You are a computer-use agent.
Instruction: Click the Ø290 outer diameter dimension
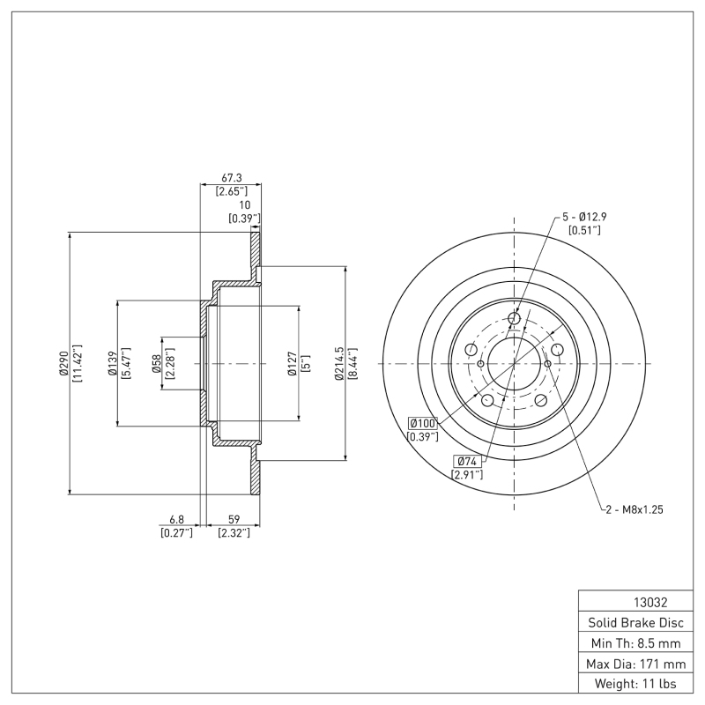(x=63, y=363)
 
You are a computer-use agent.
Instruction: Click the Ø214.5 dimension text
(x=338, y=363)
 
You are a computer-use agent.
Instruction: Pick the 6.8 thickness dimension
(x=176, y=520)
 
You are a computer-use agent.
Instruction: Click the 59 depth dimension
(x=234, y=520)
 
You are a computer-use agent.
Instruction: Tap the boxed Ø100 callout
(x=423, y=424)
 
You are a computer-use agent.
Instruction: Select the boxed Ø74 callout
(x=468, y=461)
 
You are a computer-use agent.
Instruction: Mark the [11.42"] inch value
(x=77, y=363)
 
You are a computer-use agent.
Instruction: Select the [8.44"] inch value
(x=352, y=363)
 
